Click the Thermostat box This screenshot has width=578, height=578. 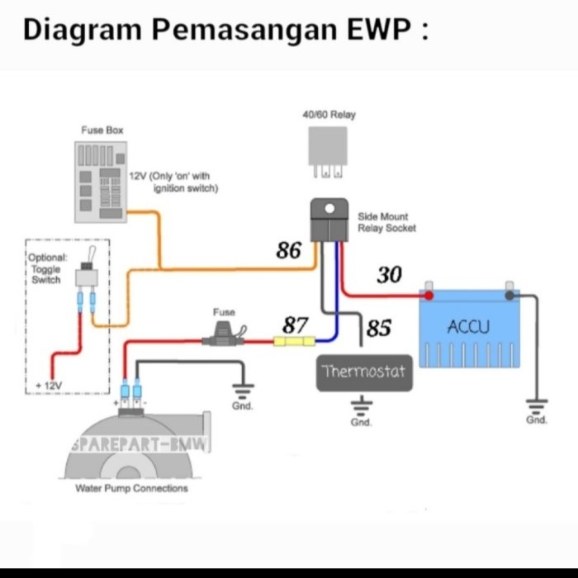tap(364, 372)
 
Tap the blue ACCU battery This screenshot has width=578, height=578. tap(469, 329)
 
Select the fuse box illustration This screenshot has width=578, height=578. tap(100, 181)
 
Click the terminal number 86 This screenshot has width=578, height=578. tap(289, 250)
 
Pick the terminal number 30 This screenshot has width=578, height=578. tap(389, 275)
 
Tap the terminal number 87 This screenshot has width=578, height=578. tap(296, 325)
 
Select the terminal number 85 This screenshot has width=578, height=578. tap(378, 329)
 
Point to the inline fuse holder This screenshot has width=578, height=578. tap(224, 339)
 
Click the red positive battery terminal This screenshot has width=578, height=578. tap(429, 294)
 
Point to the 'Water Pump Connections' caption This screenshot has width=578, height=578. tap(131, 488)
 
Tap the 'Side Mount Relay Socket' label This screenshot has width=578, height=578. tap(386, 222)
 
